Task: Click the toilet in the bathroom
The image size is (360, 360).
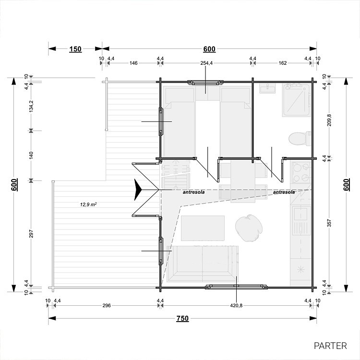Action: (300, 139)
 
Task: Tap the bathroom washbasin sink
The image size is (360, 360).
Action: (267, 88)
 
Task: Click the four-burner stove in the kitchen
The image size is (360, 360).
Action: (301, 172)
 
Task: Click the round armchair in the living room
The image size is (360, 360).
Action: (249, 228)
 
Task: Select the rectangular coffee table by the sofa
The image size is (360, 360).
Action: (203, 228)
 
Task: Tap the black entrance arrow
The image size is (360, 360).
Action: (138, 190)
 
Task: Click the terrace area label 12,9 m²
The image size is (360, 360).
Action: (88, 204)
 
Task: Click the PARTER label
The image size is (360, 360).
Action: (330, 346)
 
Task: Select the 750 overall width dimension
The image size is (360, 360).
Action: (182, 318)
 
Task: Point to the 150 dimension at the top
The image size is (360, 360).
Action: (75, 49)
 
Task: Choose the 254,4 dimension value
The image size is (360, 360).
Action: (206, 63)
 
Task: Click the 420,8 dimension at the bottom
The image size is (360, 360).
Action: (236, 305)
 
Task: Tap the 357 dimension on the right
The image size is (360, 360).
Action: (329, 223)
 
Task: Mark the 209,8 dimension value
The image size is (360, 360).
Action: (329, 120)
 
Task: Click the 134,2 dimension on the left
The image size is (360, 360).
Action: (31, 106)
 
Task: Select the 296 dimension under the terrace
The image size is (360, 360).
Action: (107, 305)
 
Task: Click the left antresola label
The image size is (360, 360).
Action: (193, 192)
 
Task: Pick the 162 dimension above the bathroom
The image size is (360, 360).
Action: (282, 63)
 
